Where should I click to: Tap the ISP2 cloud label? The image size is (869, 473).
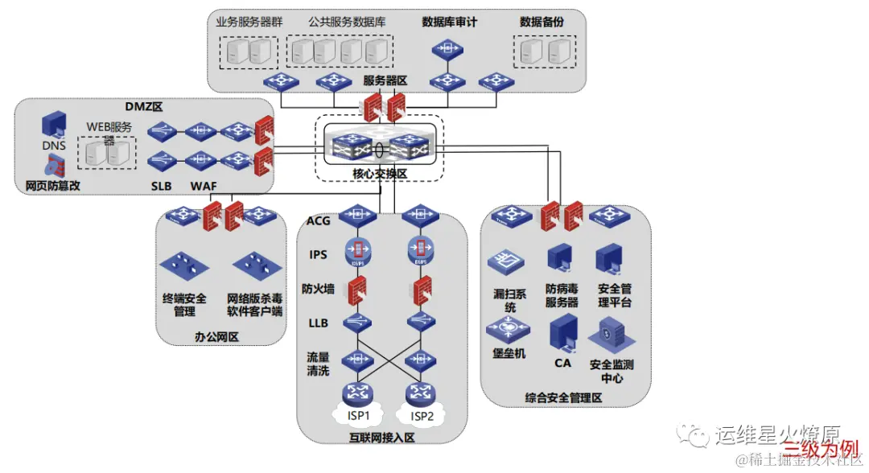(x=422, y=416)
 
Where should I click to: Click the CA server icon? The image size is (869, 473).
(x=563, y=334)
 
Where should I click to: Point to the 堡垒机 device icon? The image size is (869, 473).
(x=509, y=329)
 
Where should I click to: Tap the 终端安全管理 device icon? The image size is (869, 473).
(x=185, y=265)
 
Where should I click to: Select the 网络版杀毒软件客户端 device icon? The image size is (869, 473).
(x=255, y=265)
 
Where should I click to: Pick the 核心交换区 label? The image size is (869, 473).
(x=379, y=173)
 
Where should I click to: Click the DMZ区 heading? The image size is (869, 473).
(x=143, y=106)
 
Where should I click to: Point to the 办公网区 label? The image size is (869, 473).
(x=217, y=336)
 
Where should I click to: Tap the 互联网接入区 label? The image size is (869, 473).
(x=382, y=438)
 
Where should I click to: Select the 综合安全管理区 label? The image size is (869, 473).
(x=564, y=397)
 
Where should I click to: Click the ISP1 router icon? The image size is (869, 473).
(x=356, y=393)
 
